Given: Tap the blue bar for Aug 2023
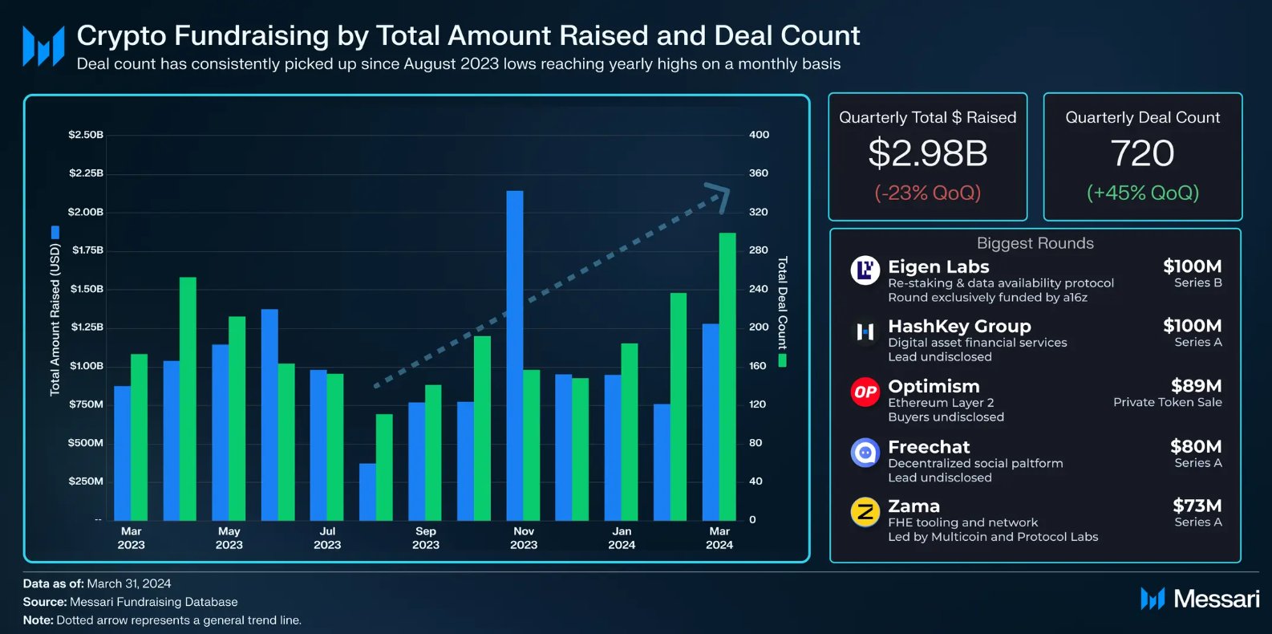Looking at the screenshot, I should point(367,491).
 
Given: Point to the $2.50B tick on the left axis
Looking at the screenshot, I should point(86,135).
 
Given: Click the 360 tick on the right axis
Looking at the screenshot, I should point(759,173).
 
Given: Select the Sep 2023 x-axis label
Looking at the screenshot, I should point(426,538).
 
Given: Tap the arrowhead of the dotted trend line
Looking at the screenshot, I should point(719,196).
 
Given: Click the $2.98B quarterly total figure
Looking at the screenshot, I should point(928,153).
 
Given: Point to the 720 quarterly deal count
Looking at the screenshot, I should point(1142,153).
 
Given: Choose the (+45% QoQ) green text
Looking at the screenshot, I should point(1142,193).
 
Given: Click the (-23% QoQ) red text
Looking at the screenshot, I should point(928,193).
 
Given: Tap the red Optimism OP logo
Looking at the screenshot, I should point(865,392).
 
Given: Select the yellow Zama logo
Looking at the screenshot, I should point(865,512).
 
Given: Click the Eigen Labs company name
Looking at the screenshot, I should point(938,266).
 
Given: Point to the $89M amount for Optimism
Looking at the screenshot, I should point(1196,386).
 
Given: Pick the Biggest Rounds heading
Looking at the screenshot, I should point(1035,243).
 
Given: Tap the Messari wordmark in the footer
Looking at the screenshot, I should point(1216,599).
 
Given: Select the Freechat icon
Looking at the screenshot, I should point(865,453).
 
